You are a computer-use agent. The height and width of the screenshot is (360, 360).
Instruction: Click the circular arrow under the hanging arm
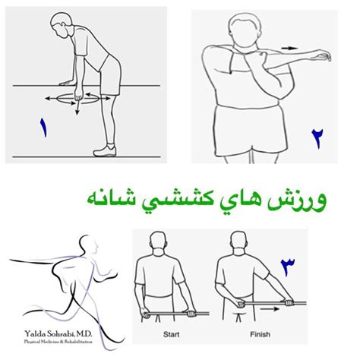coord(75,99)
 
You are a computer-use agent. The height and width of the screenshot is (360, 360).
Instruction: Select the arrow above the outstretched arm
coord(291,48)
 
